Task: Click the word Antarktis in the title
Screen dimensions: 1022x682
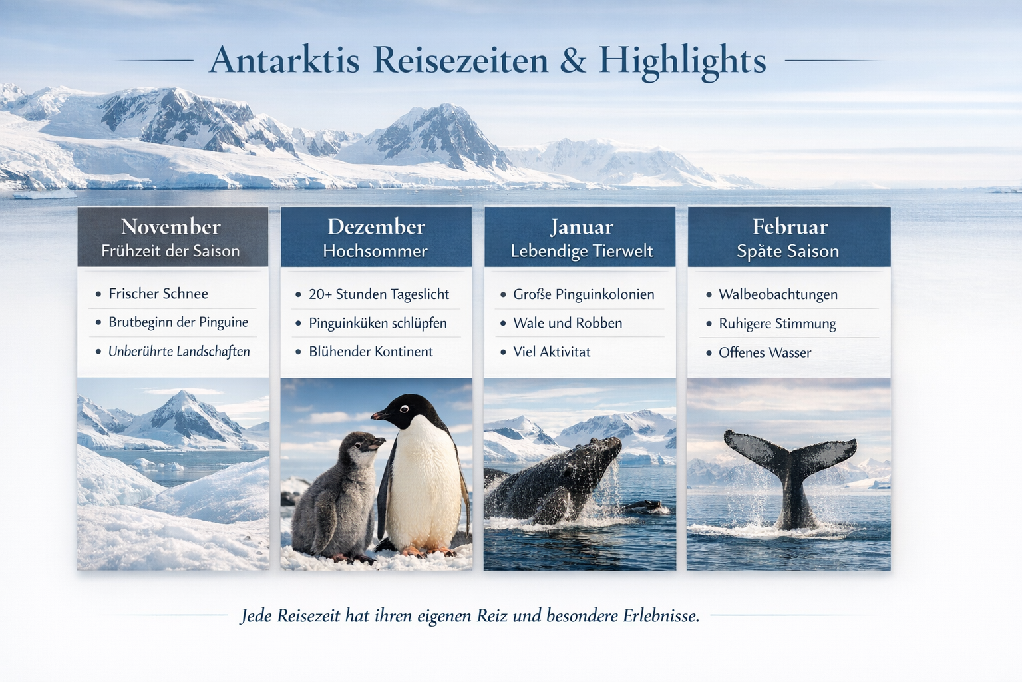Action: click(x=284, y=60)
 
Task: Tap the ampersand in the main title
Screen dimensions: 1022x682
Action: click(x=573, y=60)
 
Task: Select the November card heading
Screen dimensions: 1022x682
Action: click(x=170, y=226)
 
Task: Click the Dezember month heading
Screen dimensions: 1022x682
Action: click(x=376, y=226)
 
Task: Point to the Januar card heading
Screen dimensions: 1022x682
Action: click(x=582, y=227)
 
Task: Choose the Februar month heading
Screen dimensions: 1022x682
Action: click(x=790, y=226)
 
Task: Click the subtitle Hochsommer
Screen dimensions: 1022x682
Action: click(x=375, y=251)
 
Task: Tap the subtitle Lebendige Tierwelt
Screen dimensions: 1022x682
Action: click(x=582, y=251)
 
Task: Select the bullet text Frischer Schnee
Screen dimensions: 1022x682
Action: click(x=158, y=294)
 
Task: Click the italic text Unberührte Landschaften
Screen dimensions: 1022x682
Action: click(x=179, y=351)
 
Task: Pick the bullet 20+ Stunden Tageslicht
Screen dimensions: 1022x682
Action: click(x=379, y=294)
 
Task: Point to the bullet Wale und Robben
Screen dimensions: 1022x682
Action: click(x=568, y=323)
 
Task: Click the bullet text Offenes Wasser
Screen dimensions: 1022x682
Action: click(x=765, y=352)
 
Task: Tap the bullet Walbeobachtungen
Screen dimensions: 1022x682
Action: click(x=778, y=294)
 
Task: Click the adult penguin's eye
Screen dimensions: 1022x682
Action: click(x=404, y=409)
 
